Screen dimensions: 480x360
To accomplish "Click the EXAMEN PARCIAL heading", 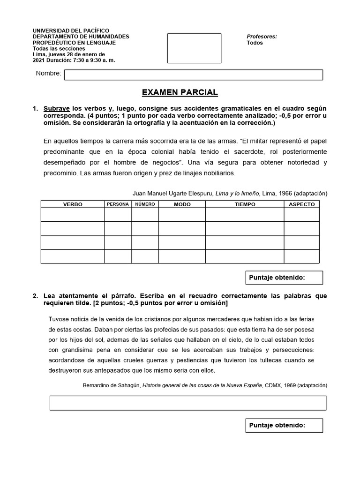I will pos(180,92).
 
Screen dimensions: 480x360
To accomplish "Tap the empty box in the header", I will pos(194,48).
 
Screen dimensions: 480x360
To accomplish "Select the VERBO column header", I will pos(73,204).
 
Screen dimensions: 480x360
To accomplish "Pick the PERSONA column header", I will pos(118,204).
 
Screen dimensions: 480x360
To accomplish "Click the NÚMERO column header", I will pos(145,204).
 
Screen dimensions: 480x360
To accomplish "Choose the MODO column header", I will pos(182,204).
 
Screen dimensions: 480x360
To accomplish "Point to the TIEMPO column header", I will pos(245,204).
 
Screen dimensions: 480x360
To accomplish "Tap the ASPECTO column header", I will pos(301,204).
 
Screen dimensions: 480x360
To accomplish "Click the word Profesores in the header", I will pos(262,36).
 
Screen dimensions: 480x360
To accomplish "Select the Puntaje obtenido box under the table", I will pos(284,277).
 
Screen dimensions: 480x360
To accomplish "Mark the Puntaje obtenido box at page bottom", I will pos(284,425).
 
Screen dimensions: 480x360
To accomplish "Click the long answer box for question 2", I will pos(188,403).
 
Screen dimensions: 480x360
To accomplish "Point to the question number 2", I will pos(35,296).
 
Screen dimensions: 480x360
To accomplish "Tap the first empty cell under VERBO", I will pos(73,215).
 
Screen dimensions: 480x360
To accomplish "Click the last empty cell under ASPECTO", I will pos(301,256).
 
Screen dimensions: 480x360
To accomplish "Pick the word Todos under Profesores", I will pos(255,43).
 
